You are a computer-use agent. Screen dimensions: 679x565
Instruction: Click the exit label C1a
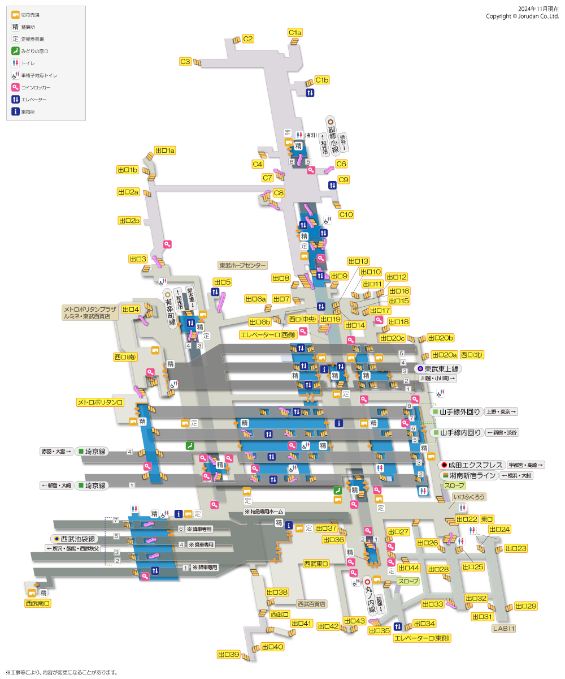click(x=295, y=33)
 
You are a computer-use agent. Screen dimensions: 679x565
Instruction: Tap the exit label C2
click(x=248, y=39)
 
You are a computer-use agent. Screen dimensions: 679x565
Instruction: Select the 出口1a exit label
click(x=165, y=151)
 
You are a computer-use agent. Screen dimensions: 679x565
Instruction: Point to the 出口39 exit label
click(x=229, y=655)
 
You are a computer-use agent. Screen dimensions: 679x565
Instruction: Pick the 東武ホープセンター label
click(x=242, y=265)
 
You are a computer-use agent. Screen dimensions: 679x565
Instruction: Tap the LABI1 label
click(x=503, y=628)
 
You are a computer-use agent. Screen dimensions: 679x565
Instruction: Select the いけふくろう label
click(x=468, y=497)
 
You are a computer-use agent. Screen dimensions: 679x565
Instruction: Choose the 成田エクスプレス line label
click(x=471, y=465)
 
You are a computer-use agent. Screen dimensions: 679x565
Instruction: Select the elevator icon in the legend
click(x=16, y=100)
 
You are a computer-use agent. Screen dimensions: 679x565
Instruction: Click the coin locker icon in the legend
click(x=16, y=88)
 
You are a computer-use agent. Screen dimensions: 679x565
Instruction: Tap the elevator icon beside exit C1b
click(x=310, y=93)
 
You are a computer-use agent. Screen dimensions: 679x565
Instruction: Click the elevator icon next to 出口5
click(x=215, y=291)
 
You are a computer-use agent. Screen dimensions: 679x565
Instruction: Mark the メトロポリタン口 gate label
click(x=100, y=402)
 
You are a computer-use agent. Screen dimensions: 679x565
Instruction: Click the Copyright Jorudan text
click(x=522, y=16)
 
